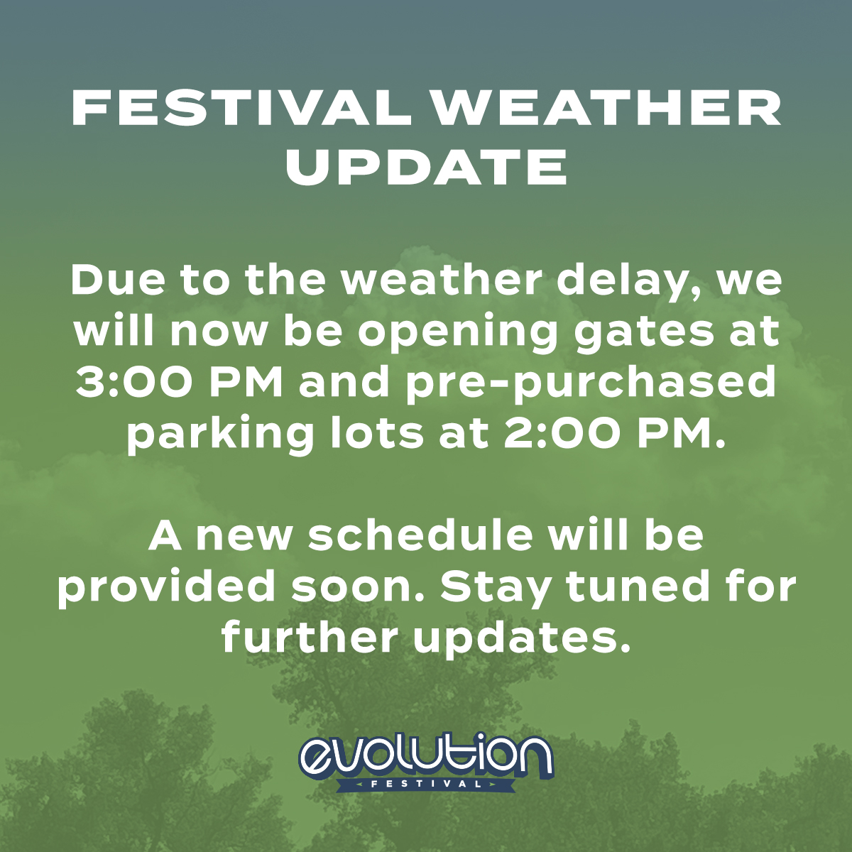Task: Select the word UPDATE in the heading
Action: click(426, 168)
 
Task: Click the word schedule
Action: click(420, 535)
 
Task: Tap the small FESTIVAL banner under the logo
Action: click(426, 785)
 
